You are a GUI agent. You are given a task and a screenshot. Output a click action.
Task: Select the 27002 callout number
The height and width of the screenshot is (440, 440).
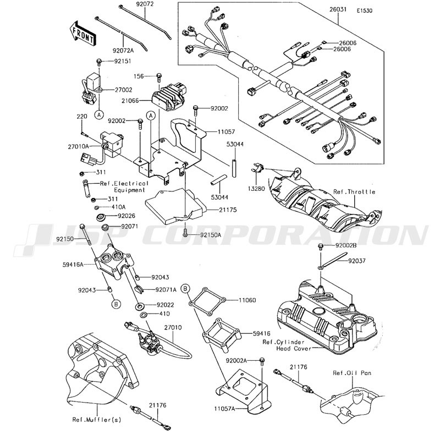124,89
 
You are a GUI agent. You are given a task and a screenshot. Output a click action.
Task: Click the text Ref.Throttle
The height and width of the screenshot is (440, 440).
354,192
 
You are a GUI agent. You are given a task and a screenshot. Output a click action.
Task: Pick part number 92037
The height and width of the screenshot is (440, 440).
356,261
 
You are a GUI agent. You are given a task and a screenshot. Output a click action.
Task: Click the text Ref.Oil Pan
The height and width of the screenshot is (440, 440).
352,372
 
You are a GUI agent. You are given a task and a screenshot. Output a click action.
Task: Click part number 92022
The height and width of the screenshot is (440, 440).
165,304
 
